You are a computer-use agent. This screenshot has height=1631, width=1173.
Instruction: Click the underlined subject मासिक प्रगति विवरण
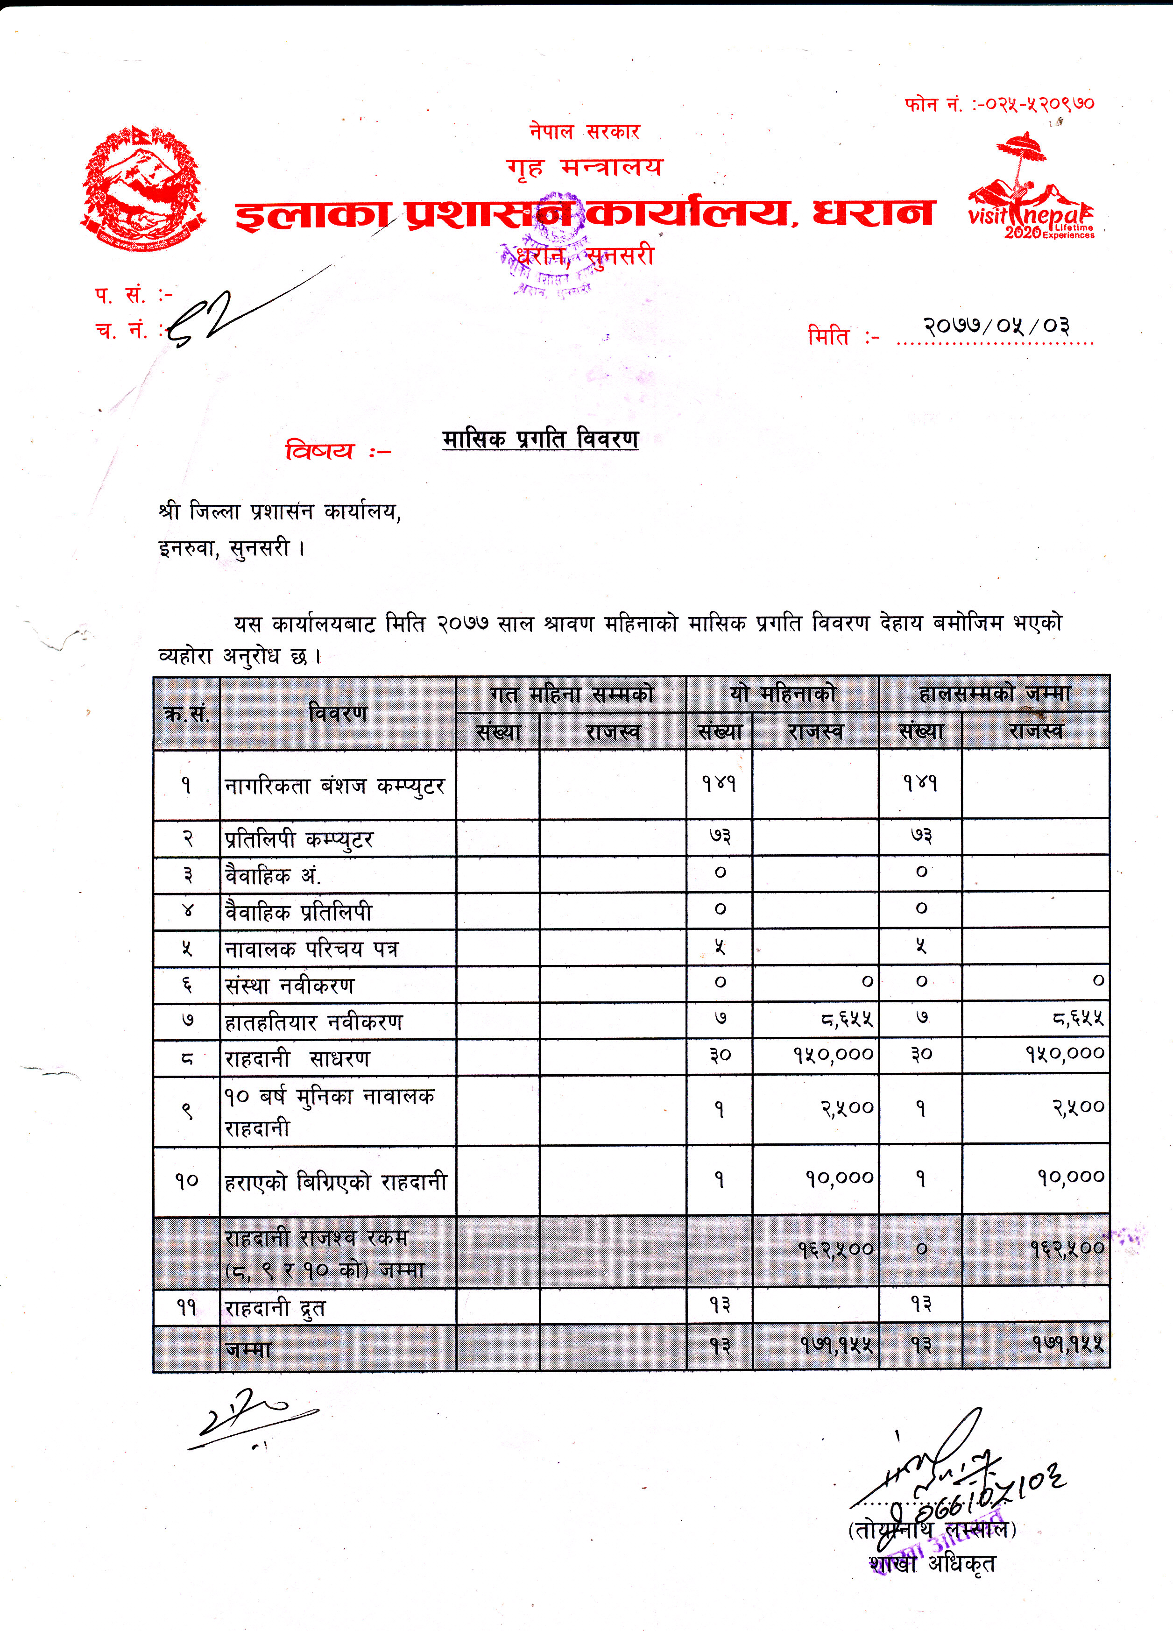pos(540,439)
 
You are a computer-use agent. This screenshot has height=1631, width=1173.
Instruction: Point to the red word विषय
pos(320,451)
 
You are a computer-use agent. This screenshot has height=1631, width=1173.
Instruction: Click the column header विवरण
pos(337,713)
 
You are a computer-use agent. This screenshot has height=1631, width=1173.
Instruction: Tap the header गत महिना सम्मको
pos(572,695)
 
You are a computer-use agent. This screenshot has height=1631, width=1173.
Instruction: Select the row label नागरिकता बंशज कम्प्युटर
pos(335,785)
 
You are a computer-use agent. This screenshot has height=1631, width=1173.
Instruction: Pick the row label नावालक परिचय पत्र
pos(311,949)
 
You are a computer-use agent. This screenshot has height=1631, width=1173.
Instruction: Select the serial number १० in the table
pos(186,1181)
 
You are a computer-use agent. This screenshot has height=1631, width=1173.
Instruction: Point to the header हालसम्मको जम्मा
pos(994,694)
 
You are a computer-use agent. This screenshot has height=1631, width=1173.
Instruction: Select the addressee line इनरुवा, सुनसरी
pos(232,549)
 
